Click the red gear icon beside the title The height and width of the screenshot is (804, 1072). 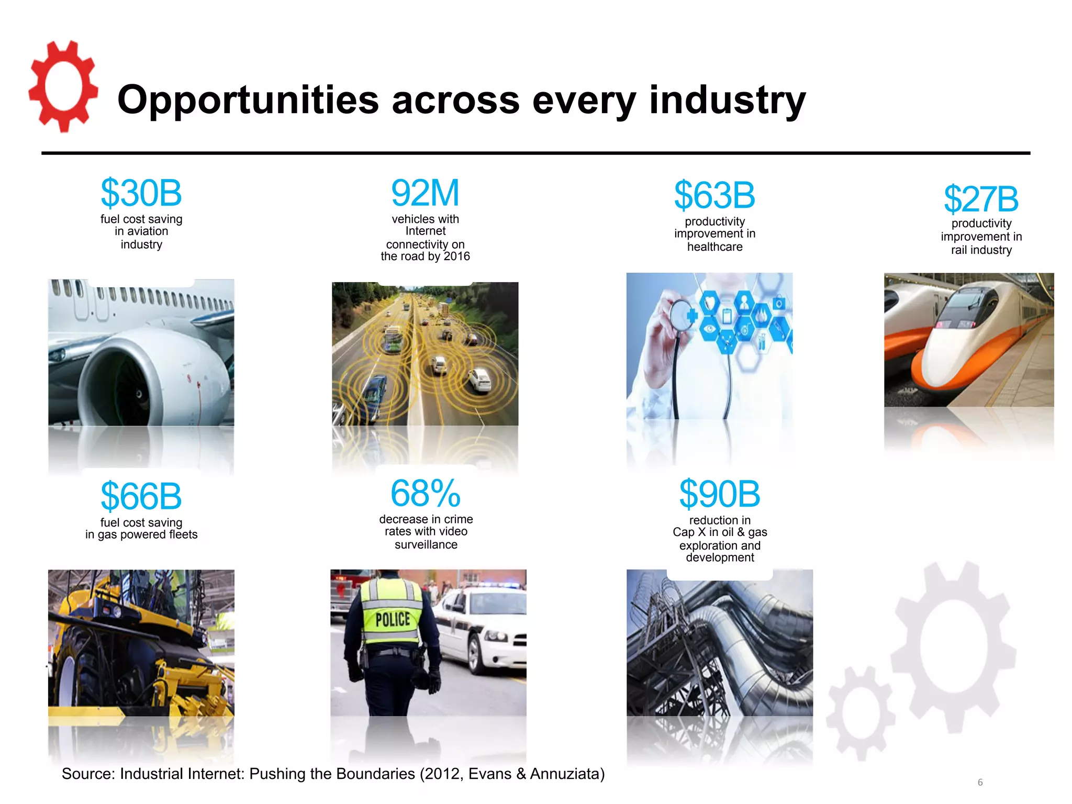point(63,86)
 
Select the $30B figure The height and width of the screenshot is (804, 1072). point(141,193)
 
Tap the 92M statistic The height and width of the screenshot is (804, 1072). point(425,193)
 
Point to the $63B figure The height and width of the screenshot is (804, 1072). point(714,195)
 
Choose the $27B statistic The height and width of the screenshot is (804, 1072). point(981,199)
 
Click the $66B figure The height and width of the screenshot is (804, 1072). point(141,496)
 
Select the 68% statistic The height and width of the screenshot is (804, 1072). point(426,493)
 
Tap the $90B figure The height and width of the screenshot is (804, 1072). point(720,494)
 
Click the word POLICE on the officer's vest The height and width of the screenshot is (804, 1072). point(393,620)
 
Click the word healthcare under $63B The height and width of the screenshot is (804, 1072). point(714,247)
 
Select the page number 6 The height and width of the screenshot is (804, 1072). point(980,783)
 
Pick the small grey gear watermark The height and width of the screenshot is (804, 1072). point(860,712)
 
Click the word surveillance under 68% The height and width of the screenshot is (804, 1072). point(426,545)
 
